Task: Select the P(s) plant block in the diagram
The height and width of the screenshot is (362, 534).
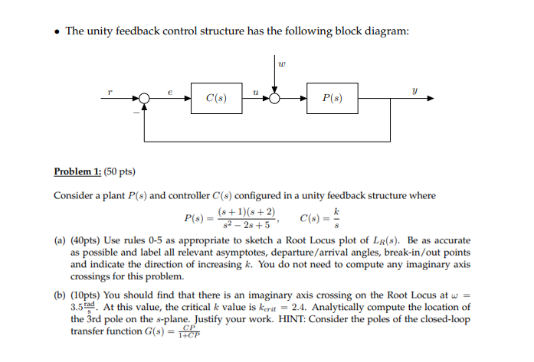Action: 333,98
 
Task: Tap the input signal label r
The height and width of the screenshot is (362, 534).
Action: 110,90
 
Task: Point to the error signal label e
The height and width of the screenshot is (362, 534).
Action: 170,90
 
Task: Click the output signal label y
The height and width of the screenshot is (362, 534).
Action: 414,90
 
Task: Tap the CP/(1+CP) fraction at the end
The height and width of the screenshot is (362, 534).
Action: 186,332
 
